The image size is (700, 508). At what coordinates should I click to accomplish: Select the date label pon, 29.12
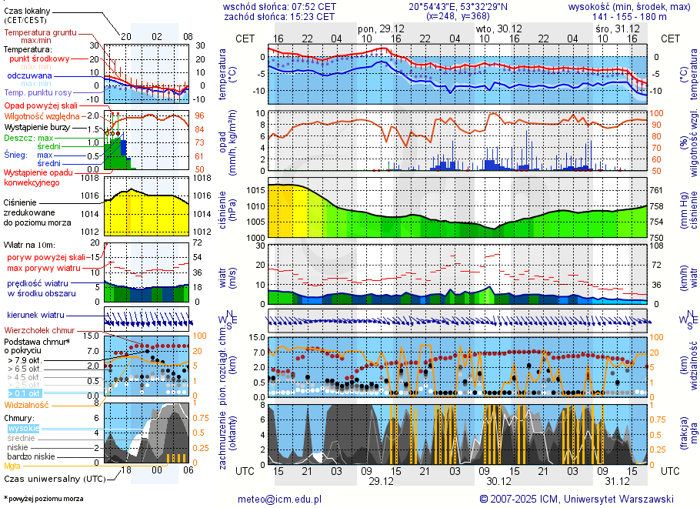378,28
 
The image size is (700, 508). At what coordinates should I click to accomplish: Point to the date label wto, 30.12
494,28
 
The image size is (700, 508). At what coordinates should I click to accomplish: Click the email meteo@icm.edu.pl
285,499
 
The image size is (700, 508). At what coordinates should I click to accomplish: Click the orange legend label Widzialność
27,404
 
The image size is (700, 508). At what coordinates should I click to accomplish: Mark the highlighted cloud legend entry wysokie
23,428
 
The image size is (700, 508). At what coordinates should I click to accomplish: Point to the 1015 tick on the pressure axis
255,190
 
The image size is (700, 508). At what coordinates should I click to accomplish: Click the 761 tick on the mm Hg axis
656,190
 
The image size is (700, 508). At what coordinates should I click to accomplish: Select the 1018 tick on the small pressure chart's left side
92,179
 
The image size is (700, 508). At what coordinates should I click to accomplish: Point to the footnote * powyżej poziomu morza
42,499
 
